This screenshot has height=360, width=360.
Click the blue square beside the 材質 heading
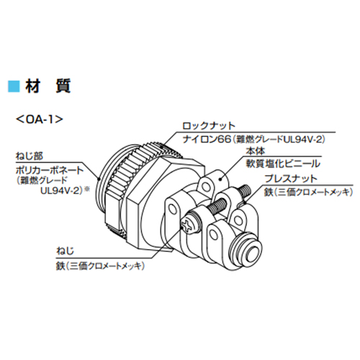coord(14,86)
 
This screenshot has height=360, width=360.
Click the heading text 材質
coord(48,86)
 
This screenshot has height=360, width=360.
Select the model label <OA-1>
coord(39,120)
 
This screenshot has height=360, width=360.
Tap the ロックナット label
coord(209,126)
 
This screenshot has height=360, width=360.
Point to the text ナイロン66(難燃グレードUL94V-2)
coord(254,139)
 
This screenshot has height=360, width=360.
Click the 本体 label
coord(256,151)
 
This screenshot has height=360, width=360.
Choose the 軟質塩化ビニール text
coord(283,163)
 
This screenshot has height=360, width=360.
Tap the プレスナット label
coord(291,179)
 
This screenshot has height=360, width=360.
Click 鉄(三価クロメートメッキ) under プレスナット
coord(308,192)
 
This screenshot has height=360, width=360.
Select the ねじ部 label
coord(30,156)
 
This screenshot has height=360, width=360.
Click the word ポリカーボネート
coord(50,171)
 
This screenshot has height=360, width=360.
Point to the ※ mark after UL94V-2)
coord(87,189)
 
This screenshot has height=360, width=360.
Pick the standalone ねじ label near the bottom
coord(65,251)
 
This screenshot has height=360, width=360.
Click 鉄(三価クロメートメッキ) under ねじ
coord(100,266)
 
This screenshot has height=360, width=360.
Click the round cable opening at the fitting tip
coord(251,254)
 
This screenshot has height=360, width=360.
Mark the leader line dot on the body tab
coord(220,179)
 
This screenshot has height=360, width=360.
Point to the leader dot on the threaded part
coord(99,179)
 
